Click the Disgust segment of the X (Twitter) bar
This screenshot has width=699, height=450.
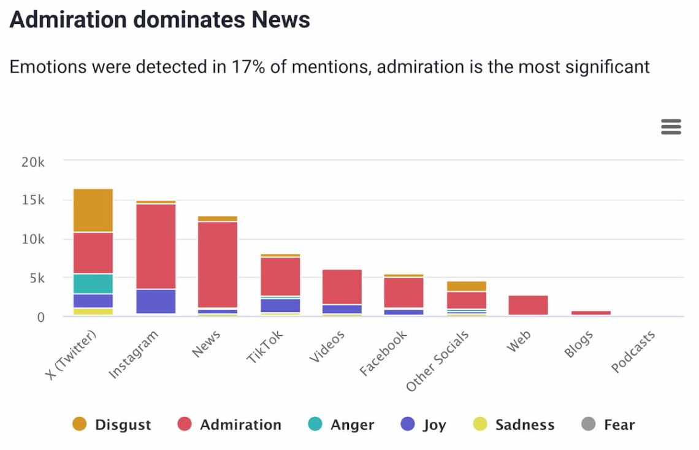point(93,210)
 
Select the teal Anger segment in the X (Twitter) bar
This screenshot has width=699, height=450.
point(93,283)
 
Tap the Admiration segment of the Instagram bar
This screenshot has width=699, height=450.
point(155,246)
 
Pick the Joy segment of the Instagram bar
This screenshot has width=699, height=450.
point(155,301)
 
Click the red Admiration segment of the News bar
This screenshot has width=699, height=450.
point(218,264)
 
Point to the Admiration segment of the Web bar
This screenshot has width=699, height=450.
point(528,305)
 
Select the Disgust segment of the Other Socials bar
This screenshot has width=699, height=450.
point(466,286)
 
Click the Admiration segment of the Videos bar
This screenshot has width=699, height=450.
point(342,287)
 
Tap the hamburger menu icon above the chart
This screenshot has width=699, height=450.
point(671,127)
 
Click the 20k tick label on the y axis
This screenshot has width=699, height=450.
point(33,162)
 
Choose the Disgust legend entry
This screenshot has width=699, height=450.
point(112,425)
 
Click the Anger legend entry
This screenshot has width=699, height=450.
point(341,425)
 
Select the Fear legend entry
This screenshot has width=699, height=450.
point(608,425)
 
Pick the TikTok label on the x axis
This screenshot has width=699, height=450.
point(265,348)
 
